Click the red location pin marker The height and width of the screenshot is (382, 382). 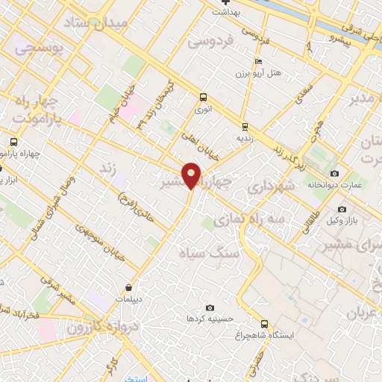point(192,175)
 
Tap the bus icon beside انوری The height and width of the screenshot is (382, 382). point(203,96)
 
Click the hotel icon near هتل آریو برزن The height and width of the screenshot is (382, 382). point(258,61)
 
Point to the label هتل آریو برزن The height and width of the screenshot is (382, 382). point(257,75)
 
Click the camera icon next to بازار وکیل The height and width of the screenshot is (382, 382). point(342,209)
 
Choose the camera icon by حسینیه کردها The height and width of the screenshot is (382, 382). point(210,307)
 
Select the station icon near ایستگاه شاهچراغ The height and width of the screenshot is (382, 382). point(264,323)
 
